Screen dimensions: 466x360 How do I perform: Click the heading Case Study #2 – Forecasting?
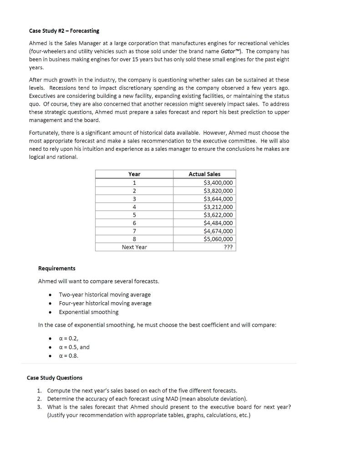click(64, 31)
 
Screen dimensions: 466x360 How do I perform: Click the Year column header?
click(134, 174)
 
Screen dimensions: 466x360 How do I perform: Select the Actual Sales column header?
click(204, 174)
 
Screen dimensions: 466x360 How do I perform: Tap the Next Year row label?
click(134, 247)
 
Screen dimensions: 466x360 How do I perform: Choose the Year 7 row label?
click(134, 231)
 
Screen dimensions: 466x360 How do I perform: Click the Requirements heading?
click(57, 268)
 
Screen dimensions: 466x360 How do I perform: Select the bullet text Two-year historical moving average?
click(105, 295)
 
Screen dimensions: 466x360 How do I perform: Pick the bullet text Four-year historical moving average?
click(105, 304)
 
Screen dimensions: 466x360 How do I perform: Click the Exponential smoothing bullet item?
click(89, 312)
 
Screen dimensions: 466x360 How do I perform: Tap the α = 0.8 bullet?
click(69, 356)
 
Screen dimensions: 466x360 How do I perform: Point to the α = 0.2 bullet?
click(69, 338)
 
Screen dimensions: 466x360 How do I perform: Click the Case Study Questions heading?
click(55, 378)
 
